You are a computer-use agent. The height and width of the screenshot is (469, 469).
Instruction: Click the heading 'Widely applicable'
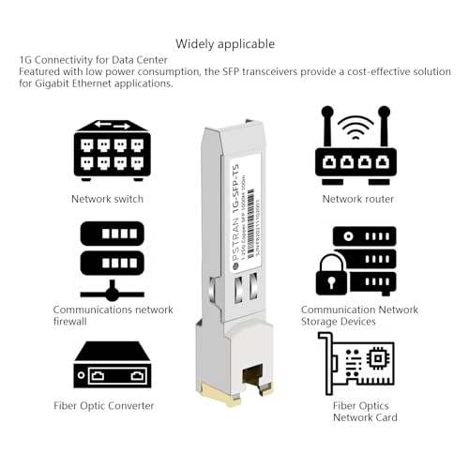click(x=225, y=44)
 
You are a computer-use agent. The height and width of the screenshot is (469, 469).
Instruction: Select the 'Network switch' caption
click(x=107, y=199)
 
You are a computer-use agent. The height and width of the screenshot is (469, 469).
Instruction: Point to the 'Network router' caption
click(x=358, y=199)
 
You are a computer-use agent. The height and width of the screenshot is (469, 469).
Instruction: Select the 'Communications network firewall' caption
click(x=112, y=315)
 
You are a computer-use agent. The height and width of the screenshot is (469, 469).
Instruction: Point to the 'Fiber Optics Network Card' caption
click(x=365, y=411)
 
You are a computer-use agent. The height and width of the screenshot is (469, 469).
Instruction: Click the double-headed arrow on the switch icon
click(x=112, y=125)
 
